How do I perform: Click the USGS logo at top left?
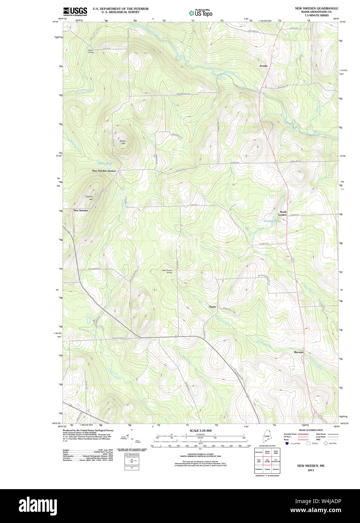coord(75,11)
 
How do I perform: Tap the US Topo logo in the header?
coord(201,13)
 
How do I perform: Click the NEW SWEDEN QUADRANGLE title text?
coord(316,8)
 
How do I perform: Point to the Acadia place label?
coord(263,66)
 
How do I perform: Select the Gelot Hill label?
coord(122,142)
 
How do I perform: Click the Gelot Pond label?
coord(105,164)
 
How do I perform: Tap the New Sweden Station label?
coord(104,171)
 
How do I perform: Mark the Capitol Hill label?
coord(89,198)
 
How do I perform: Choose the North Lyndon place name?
coord(282,213)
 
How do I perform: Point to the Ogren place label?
coord(212,307)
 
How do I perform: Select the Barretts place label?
coord(299,352)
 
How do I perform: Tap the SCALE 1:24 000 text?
coord(200,430)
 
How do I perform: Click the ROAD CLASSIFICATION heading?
coord(311,430)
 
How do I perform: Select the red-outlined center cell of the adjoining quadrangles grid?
coord(267,460)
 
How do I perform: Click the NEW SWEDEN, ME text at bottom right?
coord(311,466)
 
